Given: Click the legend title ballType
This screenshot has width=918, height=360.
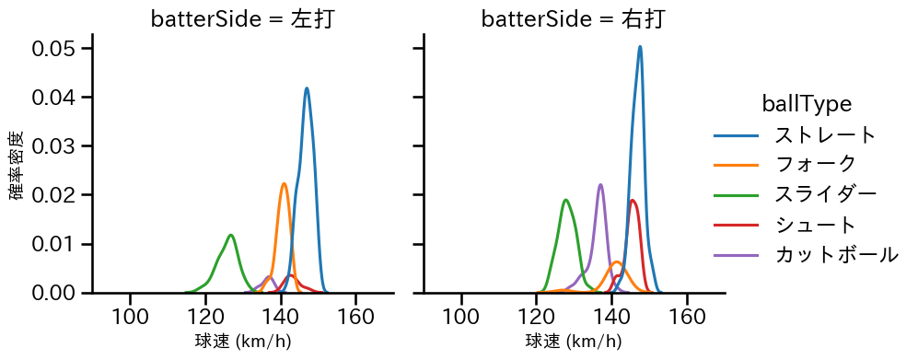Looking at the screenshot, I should coord(806,104).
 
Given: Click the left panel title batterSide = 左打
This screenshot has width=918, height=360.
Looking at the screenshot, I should coord(242,19).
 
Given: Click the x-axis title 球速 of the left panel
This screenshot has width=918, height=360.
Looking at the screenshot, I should coord(243,342).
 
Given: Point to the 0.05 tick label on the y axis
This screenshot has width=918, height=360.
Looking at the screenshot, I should coord(55,48).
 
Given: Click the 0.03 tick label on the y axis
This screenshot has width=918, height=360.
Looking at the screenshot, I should coord(55,146).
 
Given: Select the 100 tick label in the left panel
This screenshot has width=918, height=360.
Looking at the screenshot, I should coord(131,316).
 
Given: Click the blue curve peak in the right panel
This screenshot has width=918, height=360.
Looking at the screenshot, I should coord(639,47).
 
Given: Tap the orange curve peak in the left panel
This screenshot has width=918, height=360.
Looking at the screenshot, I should coord(284,183).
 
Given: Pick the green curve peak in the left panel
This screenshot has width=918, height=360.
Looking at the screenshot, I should coord(231,235).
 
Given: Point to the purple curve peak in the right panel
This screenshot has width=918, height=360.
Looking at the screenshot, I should coord(600,184).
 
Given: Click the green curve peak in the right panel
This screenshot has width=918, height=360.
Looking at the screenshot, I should coord(565,200).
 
